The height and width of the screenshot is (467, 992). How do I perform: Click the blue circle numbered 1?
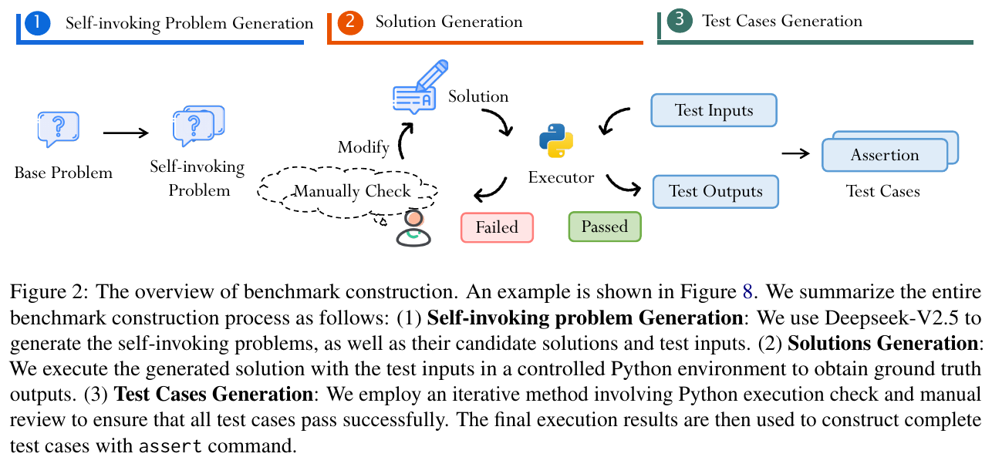pyautogui.click(x=36, y=23)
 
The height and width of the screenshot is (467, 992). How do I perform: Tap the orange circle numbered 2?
pyautogui.click(x=349, y=22)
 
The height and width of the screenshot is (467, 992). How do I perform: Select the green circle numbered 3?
pyautogui.click(x=679, y=21)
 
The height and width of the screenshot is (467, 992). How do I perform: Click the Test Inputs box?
pyautogui.click(x=714, y=110)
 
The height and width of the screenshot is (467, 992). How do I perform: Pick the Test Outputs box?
pyautogui.click(x=715, y=192)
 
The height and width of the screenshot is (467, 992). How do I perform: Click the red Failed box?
pyautogui.click(x=497, y=227)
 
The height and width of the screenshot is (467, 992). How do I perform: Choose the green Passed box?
pyautogui.click(x=605, y=227)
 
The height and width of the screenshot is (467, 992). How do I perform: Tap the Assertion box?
pyautogui.click(x=885, y=155)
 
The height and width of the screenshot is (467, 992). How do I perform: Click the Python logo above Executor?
pyautogui.click(x=556, y=141)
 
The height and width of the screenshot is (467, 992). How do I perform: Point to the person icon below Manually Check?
pyautogui.click(x=413, y=228)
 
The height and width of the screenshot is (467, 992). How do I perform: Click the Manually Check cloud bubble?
pyautogui.click(x=353, y=191)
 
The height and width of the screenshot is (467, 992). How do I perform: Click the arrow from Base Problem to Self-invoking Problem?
pyautogui.click(x=126, y=133)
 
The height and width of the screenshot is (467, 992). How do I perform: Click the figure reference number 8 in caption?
pyautogui.click(x=746, y=293)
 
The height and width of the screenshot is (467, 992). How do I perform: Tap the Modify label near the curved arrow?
pyautogui.click(x=363, y=147)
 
